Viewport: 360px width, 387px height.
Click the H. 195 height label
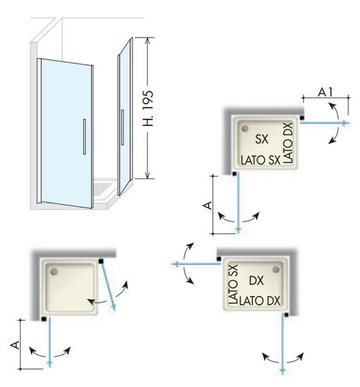[x=148, y=108]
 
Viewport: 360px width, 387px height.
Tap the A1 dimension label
[x=325, y=92]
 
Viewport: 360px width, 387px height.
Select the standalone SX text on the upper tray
[x=261, y=139]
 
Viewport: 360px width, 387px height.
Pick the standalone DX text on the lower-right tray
[x=256, y=280]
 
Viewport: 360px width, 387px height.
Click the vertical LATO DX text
[x=288, y=143]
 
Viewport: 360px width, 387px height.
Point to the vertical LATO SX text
[x=233, y=284]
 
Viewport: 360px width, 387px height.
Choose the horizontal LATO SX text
[x=261, y=160]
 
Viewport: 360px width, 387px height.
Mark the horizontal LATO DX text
[x=260, y=301]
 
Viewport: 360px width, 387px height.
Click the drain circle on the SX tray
[x=245, y=128]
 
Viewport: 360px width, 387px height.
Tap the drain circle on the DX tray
[x=276, y=270]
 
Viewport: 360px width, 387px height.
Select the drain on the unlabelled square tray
[x=54, y=272]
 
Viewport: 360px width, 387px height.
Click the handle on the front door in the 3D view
[x=84, y=137]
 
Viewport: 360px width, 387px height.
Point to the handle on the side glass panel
[x=122, y=128]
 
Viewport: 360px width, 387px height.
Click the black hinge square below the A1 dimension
[x=302, y=118]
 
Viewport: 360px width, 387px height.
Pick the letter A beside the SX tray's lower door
[x=208, y=205]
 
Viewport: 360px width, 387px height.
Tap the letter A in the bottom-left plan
[x=15, y=345]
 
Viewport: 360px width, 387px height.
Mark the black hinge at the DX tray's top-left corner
[x=219, y=259]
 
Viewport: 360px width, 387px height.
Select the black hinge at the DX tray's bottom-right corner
[x=287, y=315]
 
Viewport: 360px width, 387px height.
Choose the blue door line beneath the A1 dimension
[x=325, y=123]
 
